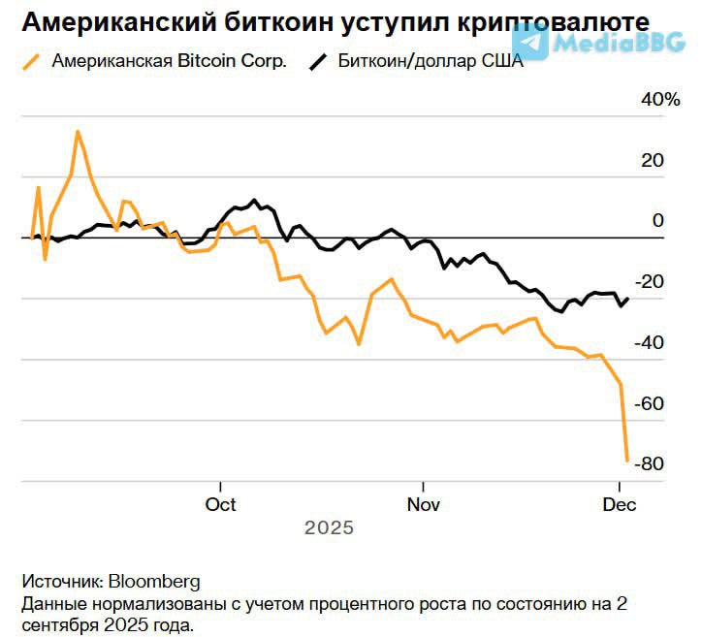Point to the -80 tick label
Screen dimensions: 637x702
[647, 464]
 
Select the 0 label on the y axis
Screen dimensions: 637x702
[657, 221]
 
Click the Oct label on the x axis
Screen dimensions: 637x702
[221, 505]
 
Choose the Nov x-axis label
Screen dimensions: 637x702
[423, 505]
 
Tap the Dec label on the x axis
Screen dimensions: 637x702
[619, 505]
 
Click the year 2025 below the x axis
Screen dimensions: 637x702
[330, 529]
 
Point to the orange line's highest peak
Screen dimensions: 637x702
[77, 132]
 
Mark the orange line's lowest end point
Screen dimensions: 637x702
[627, 460]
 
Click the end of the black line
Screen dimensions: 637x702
[627, 299]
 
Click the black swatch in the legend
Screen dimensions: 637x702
[319, 61]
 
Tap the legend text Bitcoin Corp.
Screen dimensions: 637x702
[232, 61]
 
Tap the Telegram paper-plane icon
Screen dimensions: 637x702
[529, 39]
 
